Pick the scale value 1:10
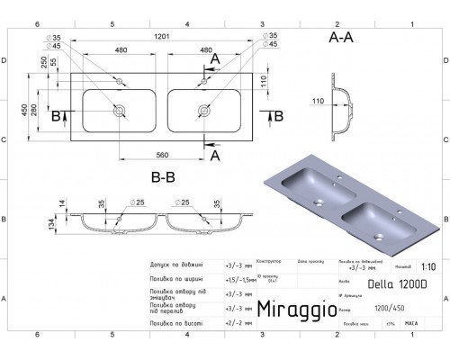tap(427, 267)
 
